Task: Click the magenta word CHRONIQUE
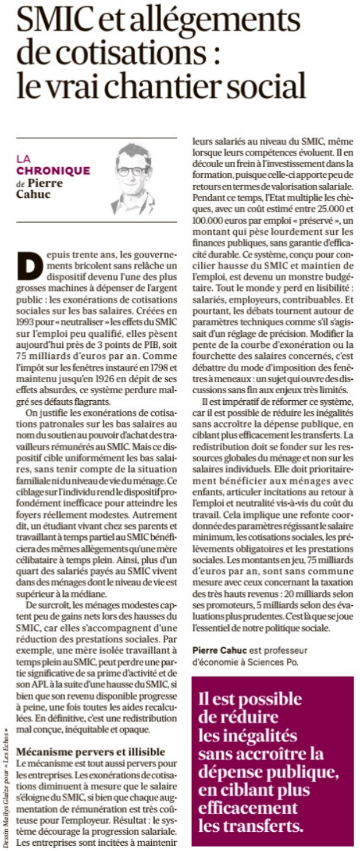pyautogui.click(x=54, y=170)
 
